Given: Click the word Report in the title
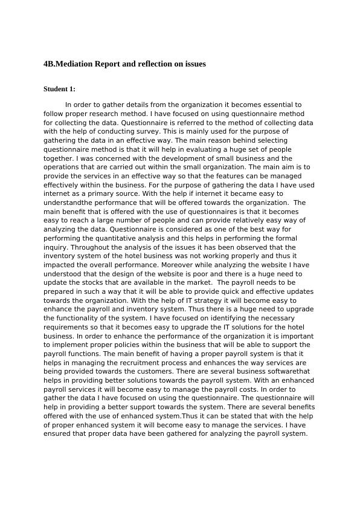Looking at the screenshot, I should point(107,63).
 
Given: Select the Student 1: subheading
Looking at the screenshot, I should point(59,89).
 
